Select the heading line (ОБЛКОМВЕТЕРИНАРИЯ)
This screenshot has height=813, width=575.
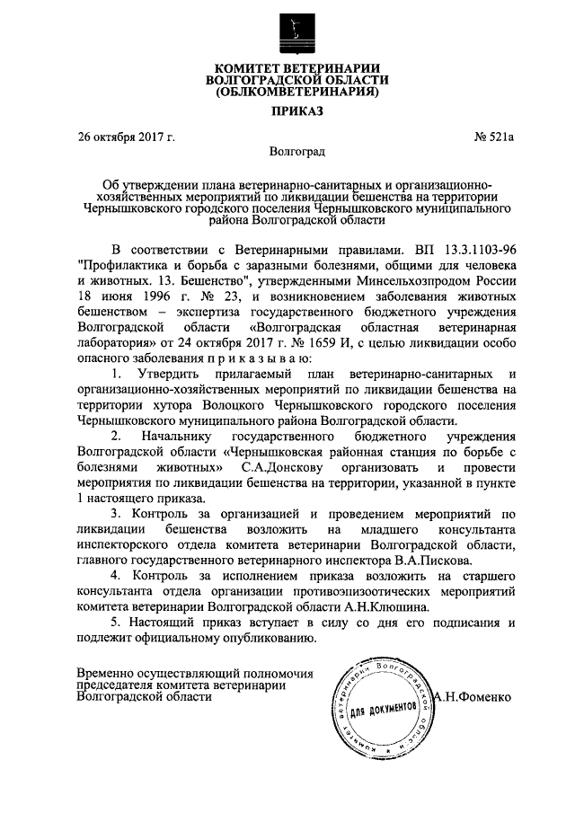(x=296, y=90)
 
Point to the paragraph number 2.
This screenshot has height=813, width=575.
(x=114, y=436)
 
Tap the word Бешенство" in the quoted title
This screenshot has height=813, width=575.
(x=190, y=283)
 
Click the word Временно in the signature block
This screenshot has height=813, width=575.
(x=106, y=673)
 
